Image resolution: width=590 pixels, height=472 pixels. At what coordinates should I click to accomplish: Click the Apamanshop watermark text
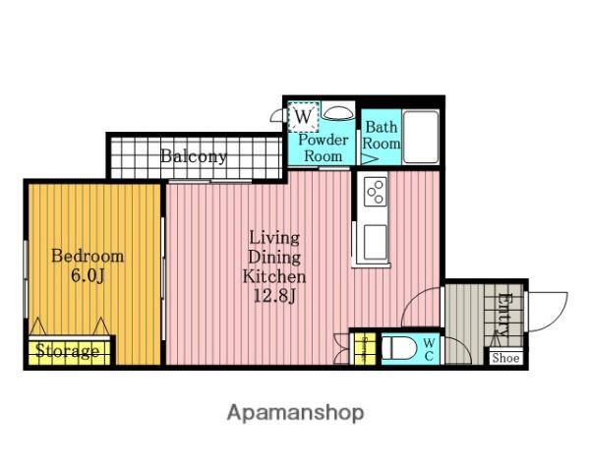point(295,413)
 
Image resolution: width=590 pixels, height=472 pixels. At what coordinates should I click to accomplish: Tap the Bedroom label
point(88,257)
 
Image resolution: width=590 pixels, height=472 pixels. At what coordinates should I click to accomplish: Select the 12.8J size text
point(275,296)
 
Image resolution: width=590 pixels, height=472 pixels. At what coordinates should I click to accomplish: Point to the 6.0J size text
point(88,276)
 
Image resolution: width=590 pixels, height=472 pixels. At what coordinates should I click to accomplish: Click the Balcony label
point(194,156)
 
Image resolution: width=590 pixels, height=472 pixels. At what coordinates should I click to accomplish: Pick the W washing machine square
point(303,116)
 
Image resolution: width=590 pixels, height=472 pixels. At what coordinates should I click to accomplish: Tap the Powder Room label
point(323,147)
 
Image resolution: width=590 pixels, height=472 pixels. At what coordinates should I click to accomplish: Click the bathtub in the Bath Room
point(421,137)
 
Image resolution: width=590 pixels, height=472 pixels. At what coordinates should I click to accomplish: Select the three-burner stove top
point(376,191)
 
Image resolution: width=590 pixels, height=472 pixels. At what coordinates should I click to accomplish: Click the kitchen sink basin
point(376,239)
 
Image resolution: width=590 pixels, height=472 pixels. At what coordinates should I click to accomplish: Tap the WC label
point(429,349)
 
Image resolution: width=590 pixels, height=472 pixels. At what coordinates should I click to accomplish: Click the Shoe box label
point(505,358)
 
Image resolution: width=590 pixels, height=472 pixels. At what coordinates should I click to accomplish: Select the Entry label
point(504,315)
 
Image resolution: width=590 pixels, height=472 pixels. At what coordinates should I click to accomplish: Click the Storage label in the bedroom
point(68,351)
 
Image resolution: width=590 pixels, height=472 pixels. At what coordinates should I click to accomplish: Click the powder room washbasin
point(338,112)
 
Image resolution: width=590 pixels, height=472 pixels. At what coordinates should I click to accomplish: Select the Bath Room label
point(382,135)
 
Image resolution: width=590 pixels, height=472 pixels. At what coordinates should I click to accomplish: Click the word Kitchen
point(274,276)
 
